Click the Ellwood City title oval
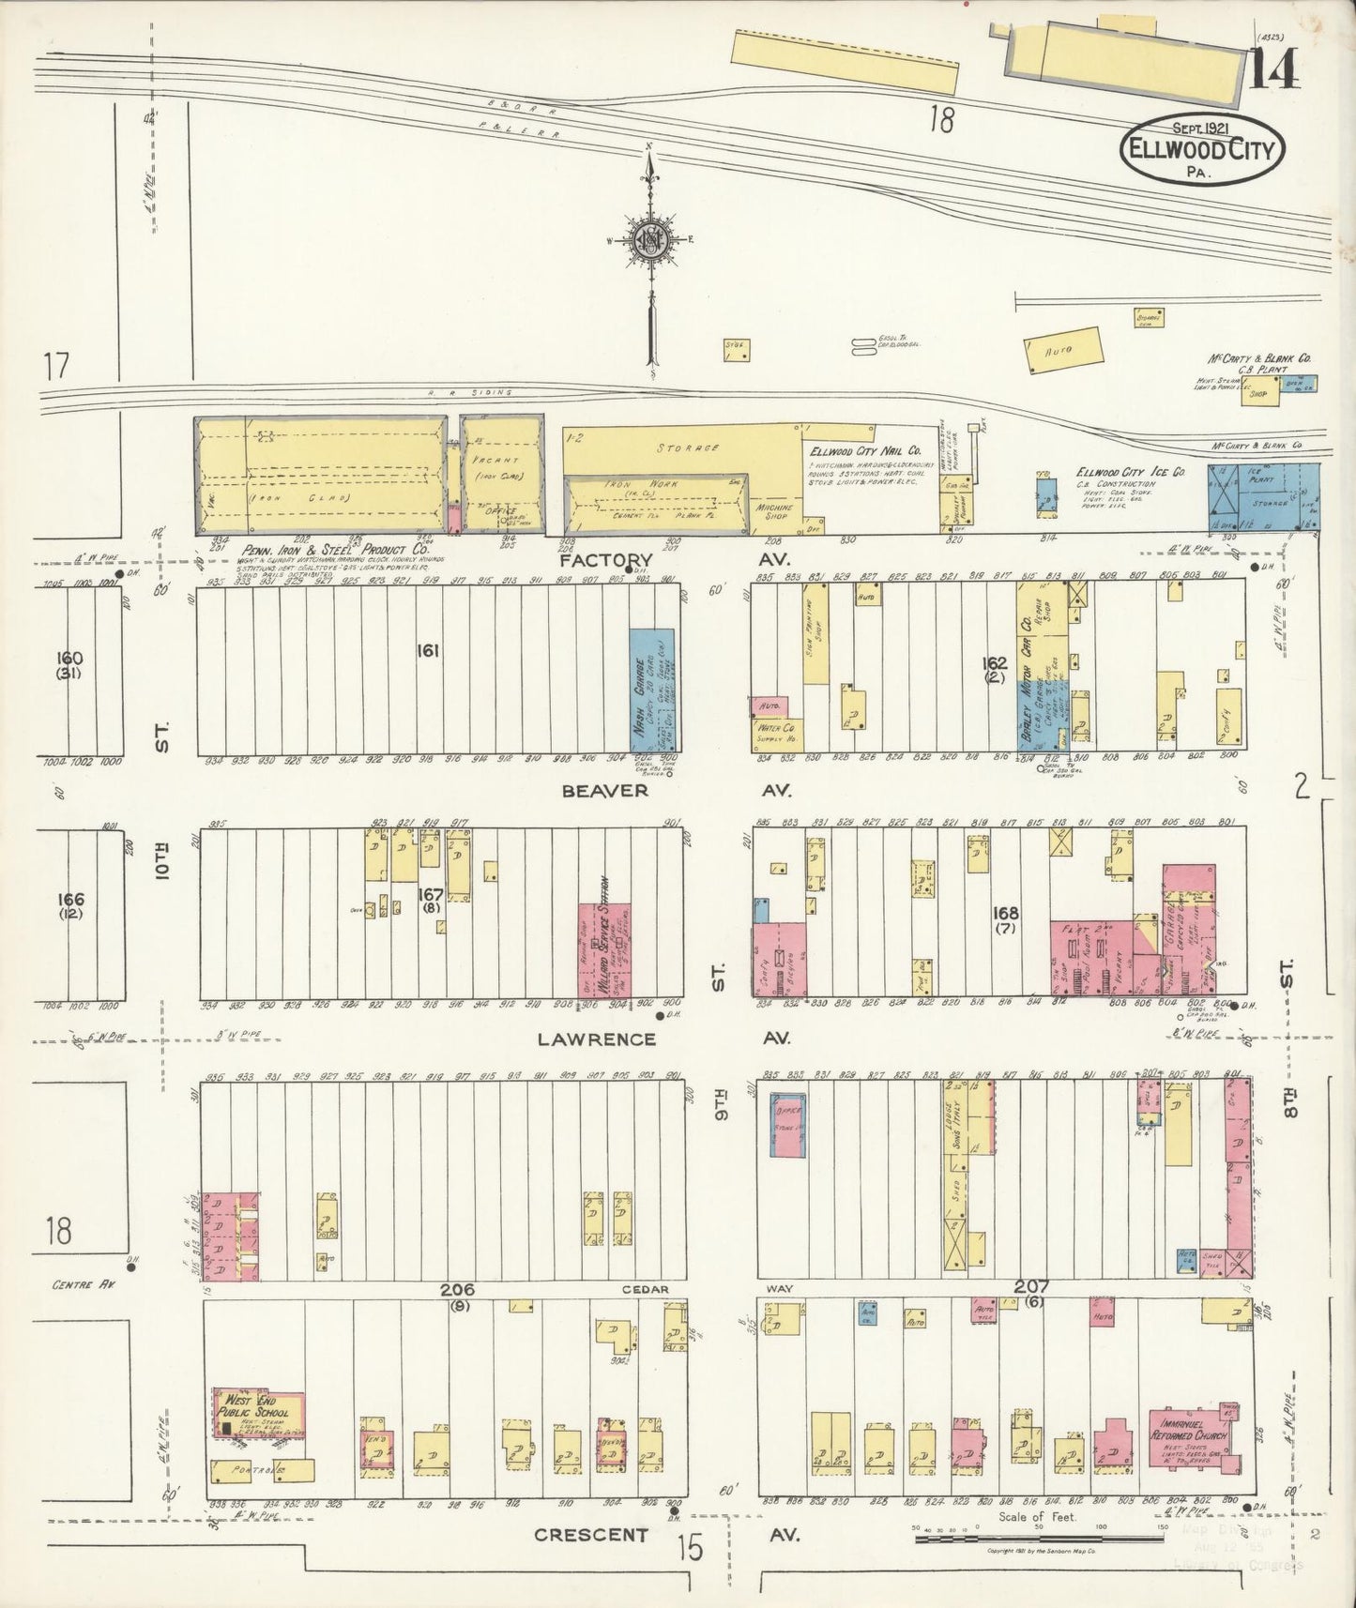(x=1202, y=151)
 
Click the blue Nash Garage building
(x=654, y=689)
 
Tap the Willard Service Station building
(x=603, y=949)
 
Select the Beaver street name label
(x=605, y=791)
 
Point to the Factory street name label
(x=606, y=560)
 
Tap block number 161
(x=429, y=649)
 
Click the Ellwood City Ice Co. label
(x=1130, y=472)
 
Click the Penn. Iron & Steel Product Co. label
(x=334, y=550)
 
